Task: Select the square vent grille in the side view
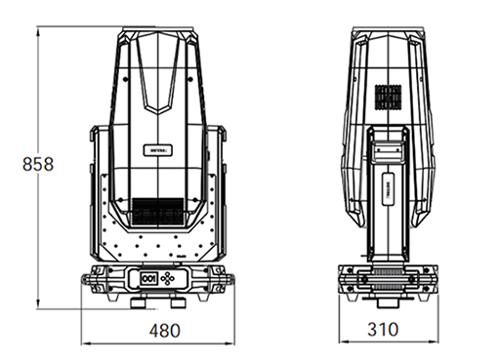click(391, 98)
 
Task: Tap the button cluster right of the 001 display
click(173, 277)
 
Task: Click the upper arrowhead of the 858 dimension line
click(38, 30)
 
